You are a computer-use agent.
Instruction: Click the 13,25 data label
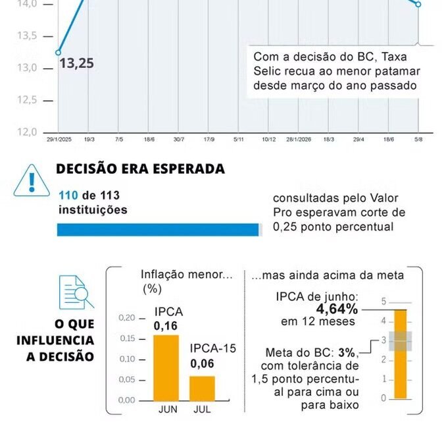(x=76, y=63)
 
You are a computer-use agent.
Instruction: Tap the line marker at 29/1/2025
(x=58, y=53)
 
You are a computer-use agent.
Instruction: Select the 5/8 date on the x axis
(x=418, y=140)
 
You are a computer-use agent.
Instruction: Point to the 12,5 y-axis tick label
(x=27, y=100)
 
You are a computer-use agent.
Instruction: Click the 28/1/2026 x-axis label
(x=299, y=140)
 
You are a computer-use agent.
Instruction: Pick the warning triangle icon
(x=32, y=180)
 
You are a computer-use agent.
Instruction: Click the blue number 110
(x=68, y=196)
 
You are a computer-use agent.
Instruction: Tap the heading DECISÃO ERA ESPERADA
(x=140, y=169)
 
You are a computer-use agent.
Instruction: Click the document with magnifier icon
(x=76, y=292)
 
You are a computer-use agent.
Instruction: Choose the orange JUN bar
(x=166, y=367)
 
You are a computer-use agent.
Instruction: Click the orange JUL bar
(x=202, y=388)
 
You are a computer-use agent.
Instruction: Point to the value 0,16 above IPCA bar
(x=166, y=326)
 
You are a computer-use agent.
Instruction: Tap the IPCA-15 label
(x=213, y=348)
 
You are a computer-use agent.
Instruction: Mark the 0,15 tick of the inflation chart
(x=127, y=338)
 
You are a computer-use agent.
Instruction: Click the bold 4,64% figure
(x=337, y=309)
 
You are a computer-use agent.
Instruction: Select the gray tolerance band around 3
(x=401, y=341)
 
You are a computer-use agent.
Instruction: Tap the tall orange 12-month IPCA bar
(x=401, y=354)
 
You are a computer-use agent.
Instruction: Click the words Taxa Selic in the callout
(x=330, y=64)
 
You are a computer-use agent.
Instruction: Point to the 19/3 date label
(x=89, y=140)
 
